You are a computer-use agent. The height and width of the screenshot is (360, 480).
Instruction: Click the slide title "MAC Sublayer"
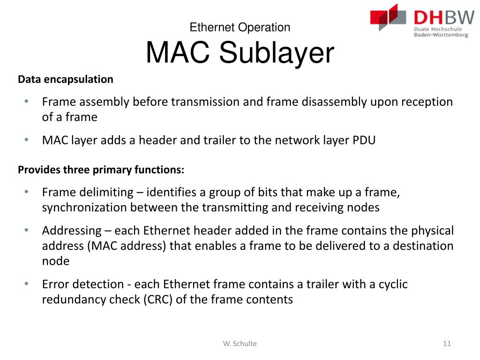coord(240,53)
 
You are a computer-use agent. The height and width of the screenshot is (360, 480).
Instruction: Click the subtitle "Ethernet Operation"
coord(240,27)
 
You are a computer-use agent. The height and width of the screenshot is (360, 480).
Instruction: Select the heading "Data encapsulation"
coord(66,79)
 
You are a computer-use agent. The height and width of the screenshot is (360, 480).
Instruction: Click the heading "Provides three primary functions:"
coord(101,170)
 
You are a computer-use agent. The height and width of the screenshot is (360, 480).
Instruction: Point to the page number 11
coord(446,344)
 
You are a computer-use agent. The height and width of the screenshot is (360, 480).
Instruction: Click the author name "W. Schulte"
coord(240,344)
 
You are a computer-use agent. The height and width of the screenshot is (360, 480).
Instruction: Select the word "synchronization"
coord(84,207)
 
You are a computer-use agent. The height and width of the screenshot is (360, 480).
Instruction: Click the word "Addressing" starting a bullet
coord(71,231)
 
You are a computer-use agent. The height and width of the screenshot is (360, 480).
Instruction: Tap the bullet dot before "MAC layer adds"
coord(27,140)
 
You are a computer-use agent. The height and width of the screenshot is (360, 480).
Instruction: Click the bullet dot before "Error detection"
coord(27,284)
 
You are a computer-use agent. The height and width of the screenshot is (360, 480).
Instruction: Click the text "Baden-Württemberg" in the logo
coord(441,35)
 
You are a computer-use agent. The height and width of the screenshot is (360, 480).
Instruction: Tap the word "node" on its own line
coord(55,261)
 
